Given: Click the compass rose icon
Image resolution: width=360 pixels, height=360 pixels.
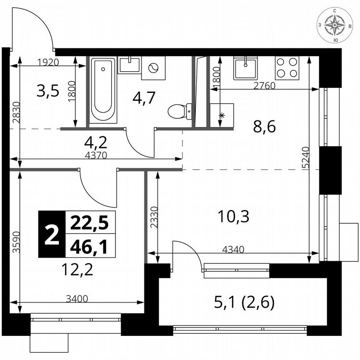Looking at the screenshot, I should (335, 25).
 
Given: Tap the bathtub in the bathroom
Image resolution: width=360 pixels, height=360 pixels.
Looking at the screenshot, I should (102, 90).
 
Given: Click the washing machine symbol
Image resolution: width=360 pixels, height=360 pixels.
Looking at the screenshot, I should (153, 68).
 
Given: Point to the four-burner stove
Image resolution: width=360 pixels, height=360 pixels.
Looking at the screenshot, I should (287, 67).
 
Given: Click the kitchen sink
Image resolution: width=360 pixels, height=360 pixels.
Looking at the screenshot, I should (245, 68).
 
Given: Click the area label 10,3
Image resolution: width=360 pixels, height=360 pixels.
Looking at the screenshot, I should (233, 216).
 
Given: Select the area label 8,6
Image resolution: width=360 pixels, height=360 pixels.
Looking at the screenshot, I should (265, 126).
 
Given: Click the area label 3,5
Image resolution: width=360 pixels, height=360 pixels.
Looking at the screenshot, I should (48, 90).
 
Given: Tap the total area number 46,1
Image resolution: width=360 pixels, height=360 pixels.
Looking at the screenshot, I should (89, 247).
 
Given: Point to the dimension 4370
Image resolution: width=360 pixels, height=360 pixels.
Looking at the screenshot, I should (96, 155).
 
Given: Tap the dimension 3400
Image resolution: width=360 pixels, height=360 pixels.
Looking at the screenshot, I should (77, 298).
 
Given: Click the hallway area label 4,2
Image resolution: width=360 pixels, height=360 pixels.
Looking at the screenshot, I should (96, 142).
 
